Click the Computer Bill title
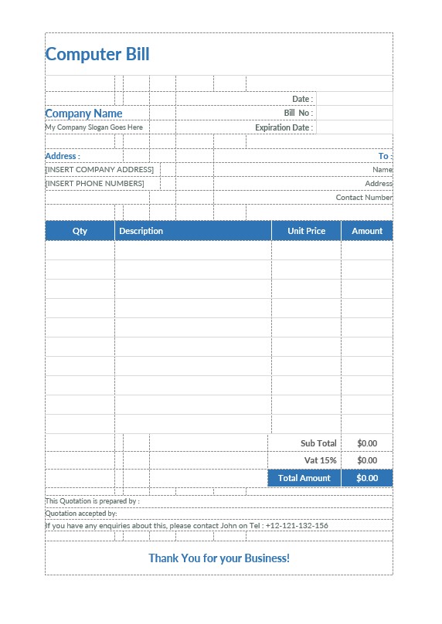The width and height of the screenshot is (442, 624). coord(97,54)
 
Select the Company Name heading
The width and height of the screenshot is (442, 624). coord(84,114)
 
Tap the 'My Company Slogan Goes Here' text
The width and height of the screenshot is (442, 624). coord(94,127)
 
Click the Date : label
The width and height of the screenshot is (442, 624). coord(302,99)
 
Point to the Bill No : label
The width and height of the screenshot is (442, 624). coord(298,113)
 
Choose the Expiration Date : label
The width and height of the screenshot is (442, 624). coord(284,127)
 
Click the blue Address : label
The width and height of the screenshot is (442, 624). coord(63,156)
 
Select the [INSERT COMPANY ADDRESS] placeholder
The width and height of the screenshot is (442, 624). coord(100,169)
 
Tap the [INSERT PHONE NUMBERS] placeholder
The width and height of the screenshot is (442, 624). coord(95,184)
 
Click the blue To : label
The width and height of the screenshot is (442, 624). coord(385,156)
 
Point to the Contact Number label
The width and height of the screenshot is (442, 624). coord(364,198)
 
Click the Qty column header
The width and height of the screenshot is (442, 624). coord(80,231)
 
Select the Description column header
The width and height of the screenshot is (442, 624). coord(141,231)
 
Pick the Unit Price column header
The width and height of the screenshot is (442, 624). coord(306,231)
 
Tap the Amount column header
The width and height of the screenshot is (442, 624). coord(367,231)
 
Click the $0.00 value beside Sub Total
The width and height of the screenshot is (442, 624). coord(367,443)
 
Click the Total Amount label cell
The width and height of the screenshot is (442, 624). coord(304,478)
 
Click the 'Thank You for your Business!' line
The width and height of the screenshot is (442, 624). coord(219,558)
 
